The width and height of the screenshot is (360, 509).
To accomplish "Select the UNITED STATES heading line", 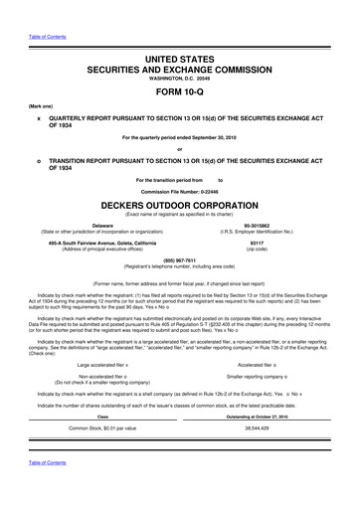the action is [180, 59].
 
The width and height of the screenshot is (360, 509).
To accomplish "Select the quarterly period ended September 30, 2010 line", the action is [180, 135].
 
